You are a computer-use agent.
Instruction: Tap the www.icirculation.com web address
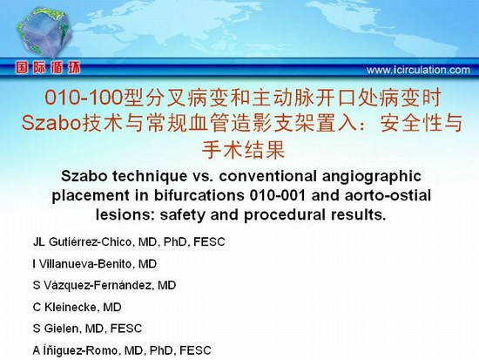click(418, 70)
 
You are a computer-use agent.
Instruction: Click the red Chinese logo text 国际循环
click(48, 68)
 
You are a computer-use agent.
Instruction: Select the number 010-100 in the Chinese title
click(84, 98)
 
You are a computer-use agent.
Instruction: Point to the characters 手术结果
click(244, 149)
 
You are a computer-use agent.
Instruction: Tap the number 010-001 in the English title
click(278, 196)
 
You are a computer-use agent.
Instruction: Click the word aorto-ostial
click(388, 195)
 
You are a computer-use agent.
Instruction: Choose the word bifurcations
click(199, 196)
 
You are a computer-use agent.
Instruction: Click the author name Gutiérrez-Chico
click(91, 242)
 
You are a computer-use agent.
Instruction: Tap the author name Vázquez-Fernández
click(98, 285)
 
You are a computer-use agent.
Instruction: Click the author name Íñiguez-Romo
click(84, 350)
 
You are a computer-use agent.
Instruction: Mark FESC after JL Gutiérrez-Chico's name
click(209, 242)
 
